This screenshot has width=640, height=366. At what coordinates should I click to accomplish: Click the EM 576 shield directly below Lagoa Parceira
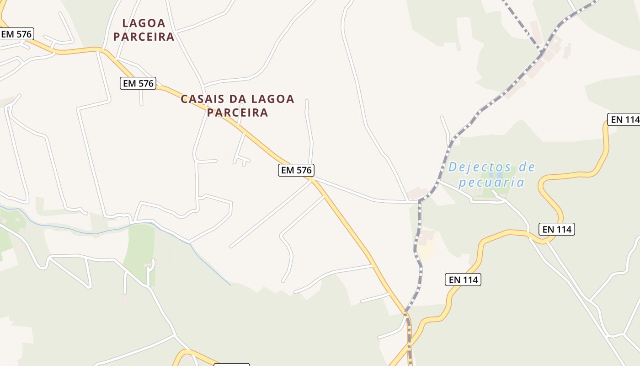[x=138, y=83]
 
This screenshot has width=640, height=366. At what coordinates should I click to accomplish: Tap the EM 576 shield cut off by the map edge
[x=17, y=34]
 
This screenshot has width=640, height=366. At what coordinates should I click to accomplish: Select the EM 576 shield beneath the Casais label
[x=296, y=170]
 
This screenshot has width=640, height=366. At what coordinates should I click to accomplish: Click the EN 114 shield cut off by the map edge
[x=624, y=119]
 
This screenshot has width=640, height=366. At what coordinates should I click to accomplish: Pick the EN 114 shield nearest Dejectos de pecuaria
[x=557, y=229]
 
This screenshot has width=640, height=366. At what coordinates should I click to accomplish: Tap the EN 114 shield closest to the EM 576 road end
[x=463, y=280]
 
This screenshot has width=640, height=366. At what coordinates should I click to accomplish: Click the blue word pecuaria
[x=491, y=183]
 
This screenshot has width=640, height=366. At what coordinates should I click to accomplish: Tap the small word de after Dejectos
[x=527, y=167]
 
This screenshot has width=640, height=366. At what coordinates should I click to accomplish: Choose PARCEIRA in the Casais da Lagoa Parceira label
[x=237, y=113]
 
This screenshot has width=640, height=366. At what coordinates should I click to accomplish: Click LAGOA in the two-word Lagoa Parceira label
[x=144, y=23]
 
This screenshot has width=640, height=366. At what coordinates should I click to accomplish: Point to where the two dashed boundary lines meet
[x=542, y=51]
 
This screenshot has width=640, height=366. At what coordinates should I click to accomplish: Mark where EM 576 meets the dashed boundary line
[x=406, y=312]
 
